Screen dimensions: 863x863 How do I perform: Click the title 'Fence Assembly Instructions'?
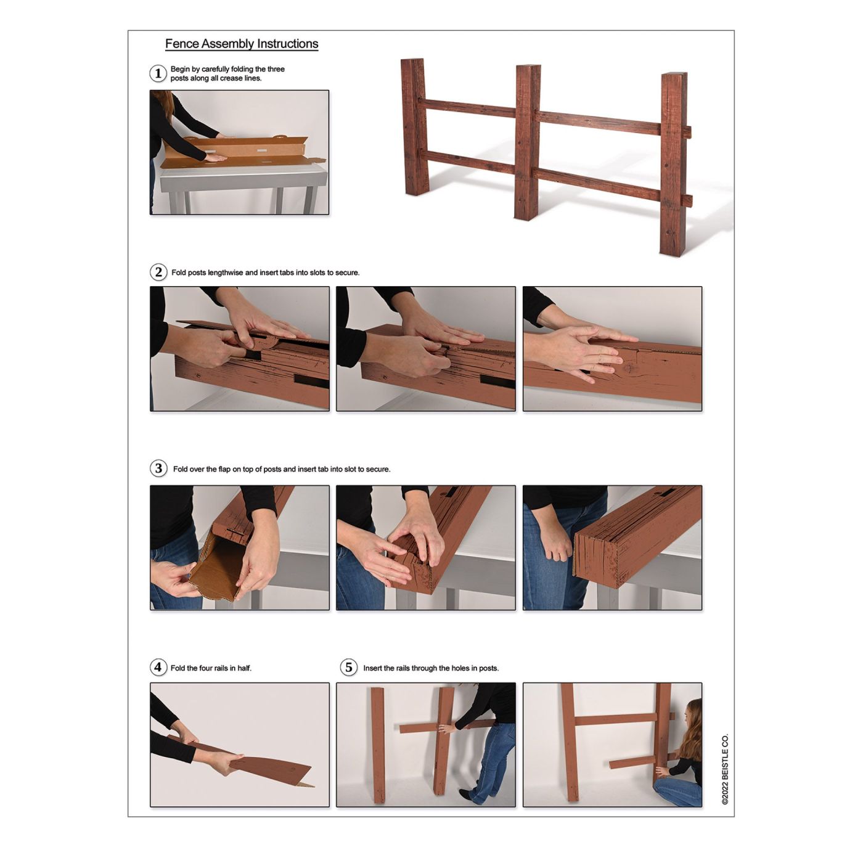[x=242, y=44]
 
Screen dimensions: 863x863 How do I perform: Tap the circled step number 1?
[x=158, y=73]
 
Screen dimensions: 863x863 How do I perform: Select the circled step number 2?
[x=158, y=272]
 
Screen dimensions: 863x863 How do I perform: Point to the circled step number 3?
[x=158, y=468]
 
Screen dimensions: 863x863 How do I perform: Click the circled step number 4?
[x=158, y=668]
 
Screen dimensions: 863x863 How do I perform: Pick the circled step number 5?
[x=348, y=668]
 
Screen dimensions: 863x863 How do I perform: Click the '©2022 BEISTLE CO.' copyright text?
[x=725, y=769]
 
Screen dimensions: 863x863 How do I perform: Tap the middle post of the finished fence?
[x=528, y=142]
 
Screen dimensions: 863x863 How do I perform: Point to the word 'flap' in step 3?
[x=224, y=469]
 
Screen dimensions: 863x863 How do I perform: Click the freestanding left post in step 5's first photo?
[x=378, y=744]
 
